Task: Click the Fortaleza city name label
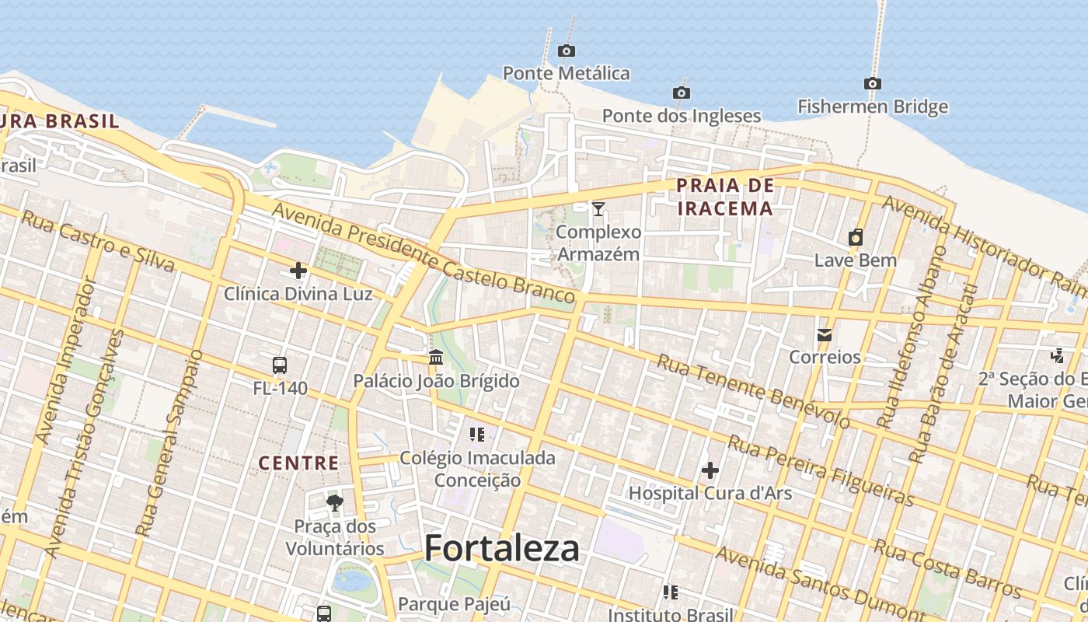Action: point(501,549)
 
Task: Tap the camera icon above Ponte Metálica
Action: point(567,51)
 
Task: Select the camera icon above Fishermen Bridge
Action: point(872,84)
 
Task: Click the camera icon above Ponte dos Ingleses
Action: point(682,93)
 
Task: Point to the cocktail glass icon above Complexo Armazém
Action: point(598,208)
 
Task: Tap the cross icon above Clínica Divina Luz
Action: point(298,271)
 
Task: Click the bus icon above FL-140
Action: point(280,365)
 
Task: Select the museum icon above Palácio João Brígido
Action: point(436,358)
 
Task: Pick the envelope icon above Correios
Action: point(825,335)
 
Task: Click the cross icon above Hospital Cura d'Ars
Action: point(710,470)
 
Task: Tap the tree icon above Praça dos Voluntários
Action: point(335,502)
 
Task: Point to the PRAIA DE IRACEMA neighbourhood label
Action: point(725,197)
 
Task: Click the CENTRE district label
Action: point(298,463)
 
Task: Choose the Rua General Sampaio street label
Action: point(169,443)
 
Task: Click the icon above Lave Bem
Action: point(856,238)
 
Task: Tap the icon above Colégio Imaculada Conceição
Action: point(477,434)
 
